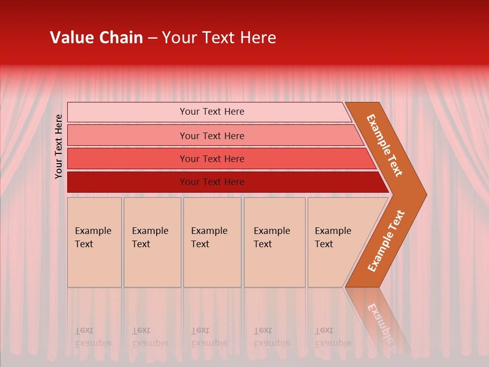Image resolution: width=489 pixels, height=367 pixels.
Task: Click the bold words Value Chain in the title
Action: click(96, 38)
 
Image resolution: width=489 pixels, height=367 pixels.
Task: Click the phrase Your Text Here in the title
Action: click(219, 38)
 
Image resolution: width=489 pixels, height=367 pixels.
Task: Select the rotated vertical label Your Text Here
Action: click(59, 146)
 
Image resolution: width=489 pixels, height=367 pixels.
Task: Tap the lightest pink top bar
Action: click(127, 112)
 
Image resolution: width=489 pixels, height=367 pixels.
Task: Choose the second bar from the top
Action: click(127, 136)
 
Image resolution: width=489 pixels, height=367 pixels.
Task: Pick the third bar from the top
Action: click(127, 159)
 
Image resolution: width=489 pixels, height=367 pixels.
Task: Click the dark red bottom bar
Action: click(127, 182)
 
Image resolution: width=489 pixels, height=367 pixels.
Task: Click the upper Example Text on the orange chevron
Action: click(385, 145)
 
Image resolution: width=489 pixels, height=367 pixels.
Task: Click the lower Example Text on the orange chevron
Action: click(386, 241)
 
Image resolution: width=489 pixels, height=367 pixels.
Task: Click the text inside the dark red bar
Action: click(212, 182)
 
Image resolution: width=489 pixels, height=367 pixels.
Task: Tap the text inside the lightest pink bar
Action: click(212, 112)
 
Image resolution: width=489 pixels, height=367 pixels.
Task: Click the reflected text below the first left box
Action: click(93, 337)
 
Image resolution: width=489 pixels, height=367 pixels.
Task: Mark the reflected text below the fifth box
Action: click(333, 337)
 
